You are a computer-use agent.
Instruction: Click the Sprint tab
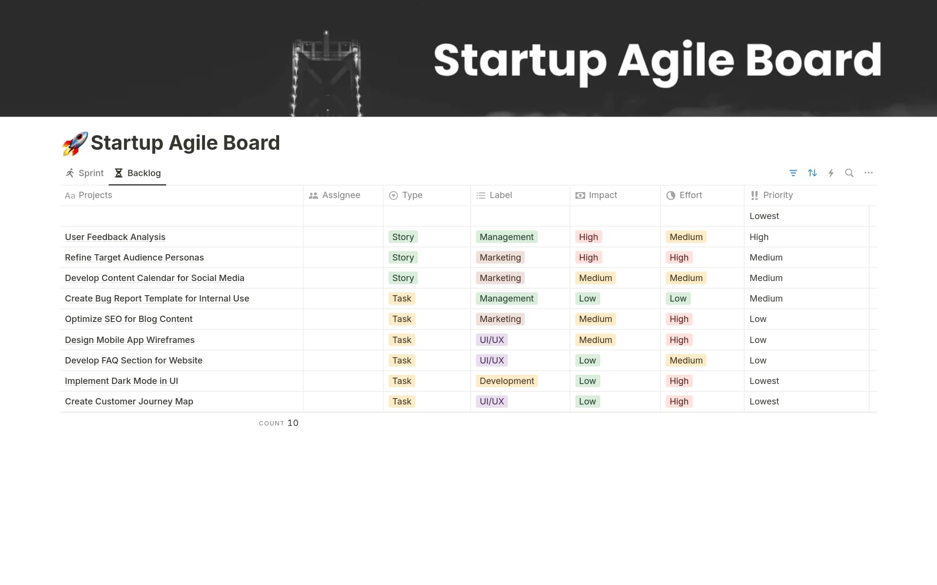tap(85, 173)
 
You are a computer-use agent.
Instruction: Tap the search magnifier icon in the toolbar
tap(849, 173)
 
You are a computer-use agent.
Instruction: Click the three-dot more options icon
tap(868, 173)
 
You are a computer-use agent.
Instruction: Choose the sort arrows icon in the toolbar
tap(812, 173)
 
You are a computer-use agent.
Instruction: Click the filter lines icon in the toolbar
tap(793, 173)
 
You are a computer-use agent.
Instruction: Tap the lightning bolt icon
tap(831, 173)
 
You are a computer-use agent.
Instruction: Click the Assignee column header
tap(341, 195)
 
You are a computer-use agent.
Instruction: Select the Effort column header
tap(690, 195)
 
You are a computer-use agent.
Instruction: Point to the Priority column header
tap(777, 195)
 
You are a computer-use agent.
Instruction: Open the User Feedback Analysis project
tap(115, 237)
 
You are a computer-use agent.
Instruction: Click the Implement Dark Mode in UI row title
tap(122, 381)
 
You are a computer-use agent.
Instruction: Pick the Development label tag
tap(507, 381)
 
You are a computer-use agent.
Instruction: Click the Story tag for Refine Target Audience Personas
tap(403, 258)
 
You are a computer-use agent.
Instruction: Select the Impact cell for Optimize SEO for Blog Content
tap(595, 319)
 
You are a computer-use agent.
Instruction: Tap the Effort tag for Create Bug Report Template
tap(678, 299)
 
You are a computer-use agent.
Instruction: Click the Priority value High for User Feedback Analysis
tap(759, 237)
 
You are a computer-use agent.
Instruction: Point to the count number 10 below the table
tap(293, 423)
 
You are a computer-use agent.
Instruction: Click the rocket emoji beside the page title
tap(75, 143)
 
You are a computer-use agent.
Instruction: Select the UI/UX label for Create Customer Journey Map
tap(491, 402)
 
